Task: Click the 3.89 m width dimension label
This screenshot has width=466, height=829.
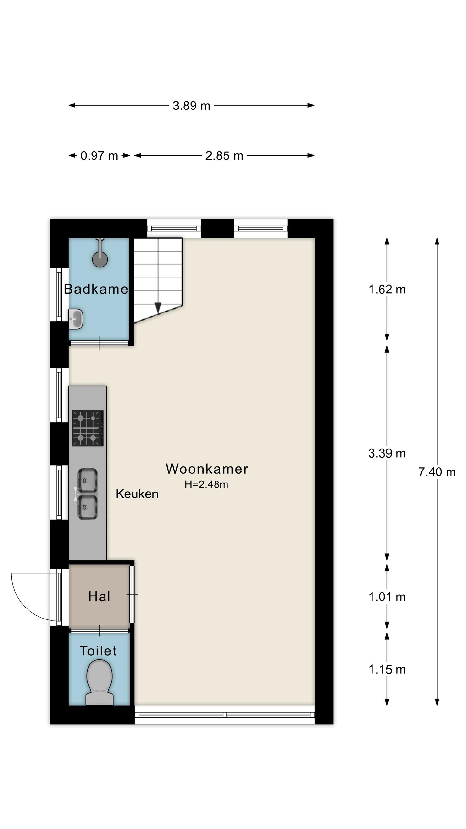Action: [x=191, y=106]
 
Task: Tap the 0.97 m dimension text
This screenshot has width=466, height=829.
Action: [x=99, y=156]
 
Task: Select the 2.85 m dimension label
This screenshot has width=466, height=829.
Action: [x=224, y=156]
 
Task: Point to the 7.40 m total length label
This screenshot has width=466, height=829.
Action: [x=437, y=472]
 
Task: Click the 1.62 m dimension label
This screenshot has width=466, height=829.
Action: [x=387, y=289]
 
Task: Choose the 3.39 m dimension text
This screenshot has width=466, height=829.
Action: [x=387, y=453]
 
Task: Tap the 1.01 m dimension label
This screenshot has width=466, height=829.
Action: [x=387, y=597]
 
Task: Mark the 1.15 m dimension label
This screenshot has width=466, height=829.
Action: [x=387, y=669]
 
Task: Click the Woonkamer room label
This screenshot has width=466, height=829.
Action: [x=207, y=469]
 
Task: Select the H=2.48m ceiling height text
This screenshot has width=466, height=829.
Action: [x=206, y=484]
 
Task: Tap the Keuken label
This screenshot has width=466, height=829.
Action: [x=137, y=494]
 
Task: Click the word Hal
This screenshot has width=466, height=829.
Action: [x=99, y=596]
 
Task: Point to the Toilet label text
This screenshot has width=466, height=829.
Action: [x=98, y=651]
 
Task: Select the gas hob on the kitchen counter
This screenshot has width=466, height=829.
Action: [x=88, y=428]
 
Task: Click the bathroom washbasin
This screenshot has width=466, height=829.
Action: [x=76, y=319]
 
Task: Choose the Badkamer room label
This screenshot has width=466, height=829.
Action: [x=96, y=289]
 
